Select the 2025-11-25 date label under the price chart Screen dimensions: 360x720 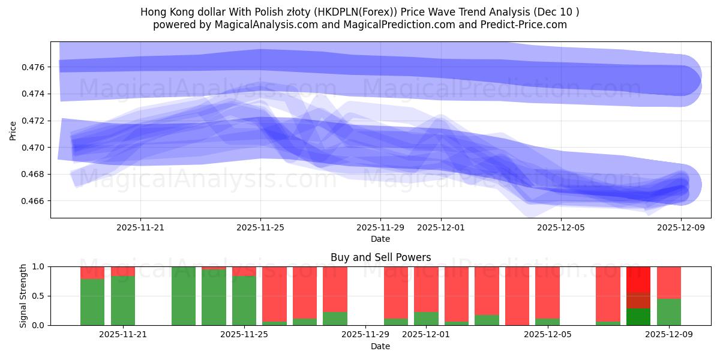click(260, 228)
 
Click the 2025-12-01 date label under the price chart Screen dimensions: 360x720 click(441, 228)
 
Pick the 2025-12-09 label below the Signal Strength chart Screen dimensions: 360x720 click(668, 335)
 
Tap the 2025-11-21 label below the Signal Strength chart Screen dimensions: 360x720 click(123, 335)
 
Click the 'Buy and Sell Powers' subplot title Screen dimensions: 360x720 click(380, 257)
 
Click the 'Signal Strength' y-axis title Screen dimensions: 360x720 click(23, 296)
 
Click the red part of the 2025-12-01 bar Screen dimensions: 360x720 click(426, 288)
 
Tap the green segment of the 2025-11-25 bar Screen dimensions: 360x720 click(244, 300)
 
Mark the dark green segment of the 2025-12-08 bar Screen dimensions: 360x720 click(638, 317)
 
